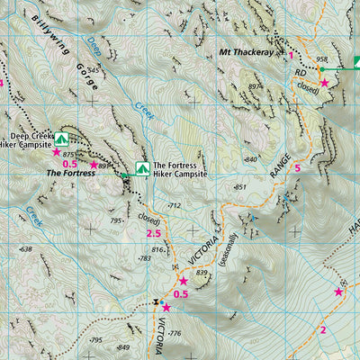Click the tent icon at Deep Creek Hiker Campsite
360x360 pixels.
[x=61, y=139]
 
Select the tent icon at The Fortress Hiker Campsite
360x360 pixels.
[x=141, y=168]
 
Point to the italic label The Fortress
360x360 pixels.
[x=70, y=173]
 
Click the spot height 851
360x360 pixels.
[x=239, y=186]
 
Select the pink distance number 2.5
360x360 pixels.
[x=153, y=234]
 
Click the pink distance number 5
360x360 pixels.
[x=296, y=168]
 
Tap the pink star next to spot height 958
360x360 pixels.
[x=325, y=83]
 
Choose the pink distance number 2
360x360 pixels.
[x=322, y=329]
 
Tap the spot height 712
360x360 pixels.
[x=175, y=206]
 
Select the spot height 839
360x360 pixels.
[x=201, y=272]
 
